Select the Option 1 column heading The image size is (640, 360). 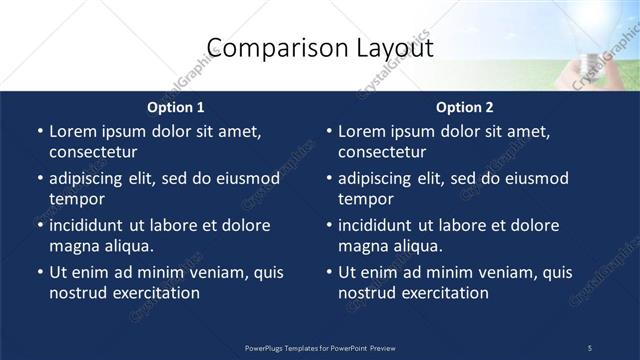click(x=176, y=107)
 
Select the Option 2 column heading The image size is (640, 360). click(x=465, y=107)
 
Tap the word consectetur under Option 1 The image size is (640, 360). click(x=93, y=152)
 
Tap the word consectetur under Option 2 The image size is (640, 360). click(x=382, y=152)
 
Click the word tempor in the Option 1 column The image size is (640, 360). click(x=76, y=199)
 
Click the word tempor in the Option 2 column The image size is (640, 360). click(x=365, y=199)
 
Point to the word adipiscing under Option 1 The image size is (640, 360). click(x=93, y=178)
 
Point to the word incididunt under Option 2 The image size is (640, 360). click(x=381, y=225)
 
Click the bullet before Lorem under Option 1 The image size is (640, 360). click(x=39, y=131)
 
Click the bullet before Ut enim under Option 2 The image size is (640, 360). click(x=328, y=272)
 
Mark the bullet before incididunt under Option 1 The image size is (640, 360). click(x=39, y=225)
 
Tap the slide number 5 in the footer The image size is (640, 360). click(x=589, y=347)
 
